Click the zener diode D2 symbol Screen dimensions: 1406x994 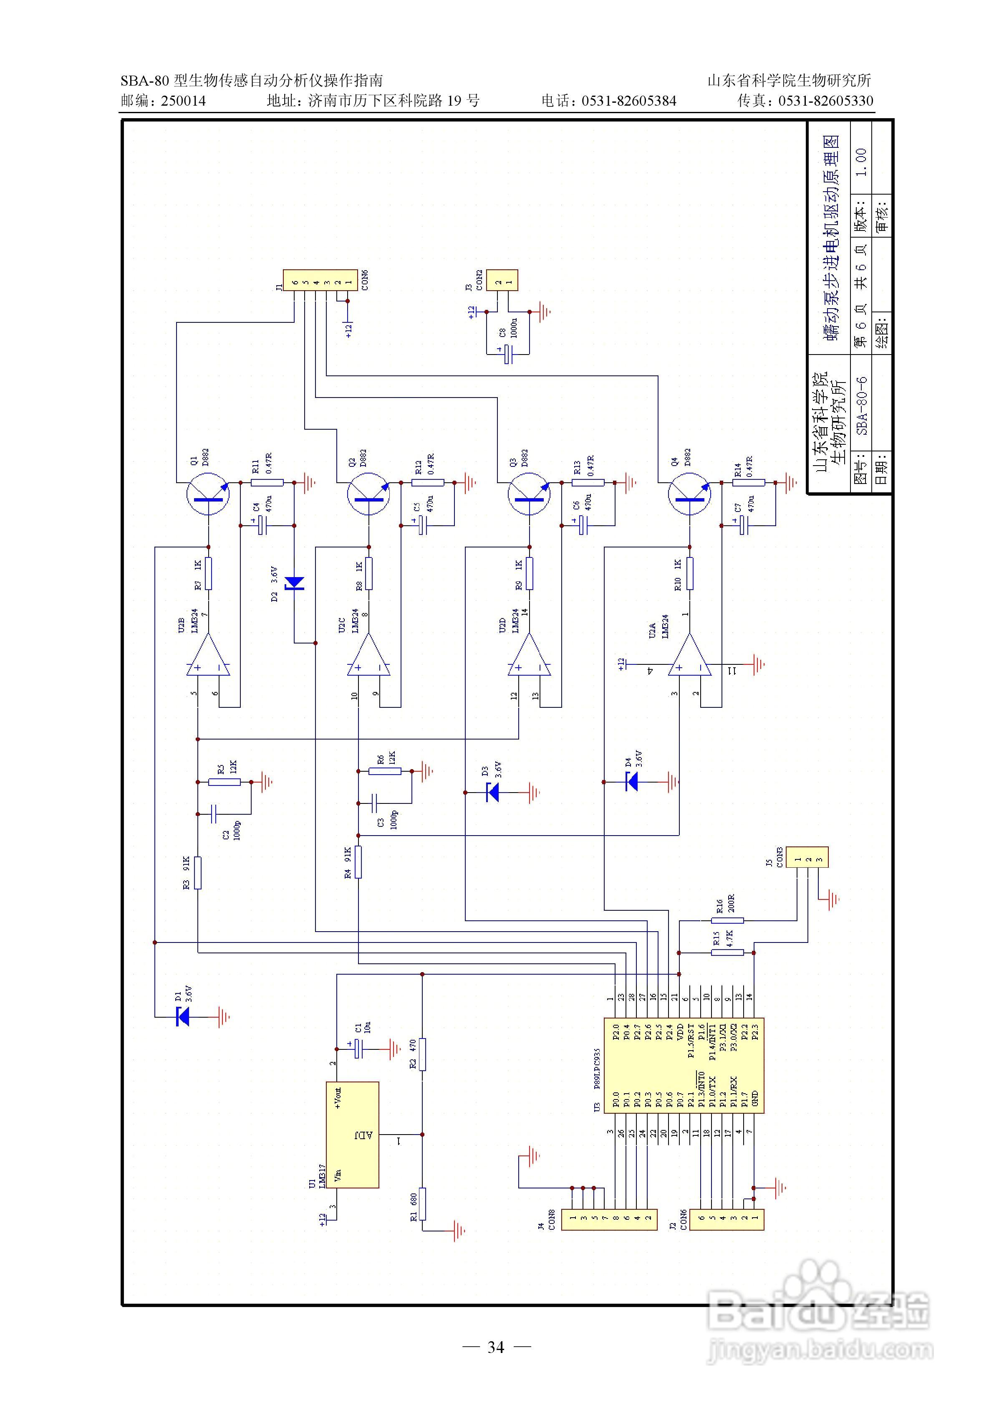point(295,583)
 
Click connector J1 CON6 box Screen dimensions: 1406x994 point(320,281)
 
